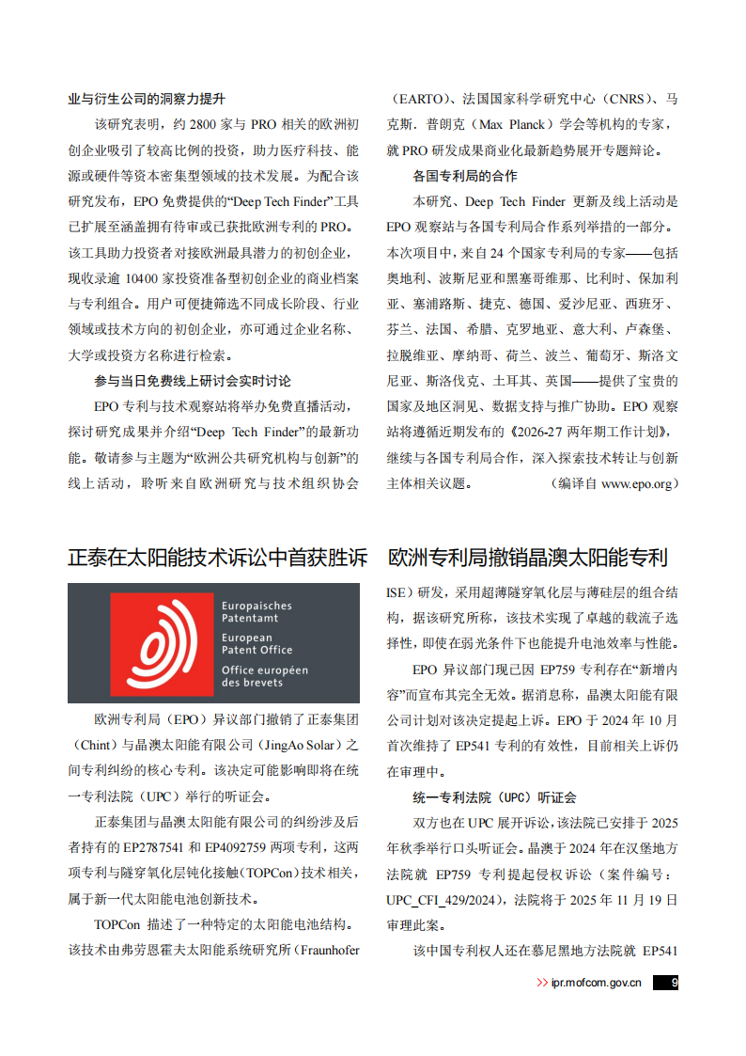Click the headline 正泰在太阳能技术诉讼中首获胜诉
[x=217, y=558]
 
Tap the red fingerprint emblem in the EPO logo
[x=162, y=642]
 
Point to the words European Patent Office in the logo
[x=256, y=643]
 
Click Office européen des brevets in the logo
[x=264, y=676]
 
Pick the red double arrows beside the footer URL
[x=542, y=983]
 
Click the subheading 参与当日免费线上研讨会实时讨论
[x=193, y=381]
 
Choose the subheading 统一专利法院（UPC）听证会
[x=494, y=796]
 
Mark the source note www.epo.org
[x=638, y=483]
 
